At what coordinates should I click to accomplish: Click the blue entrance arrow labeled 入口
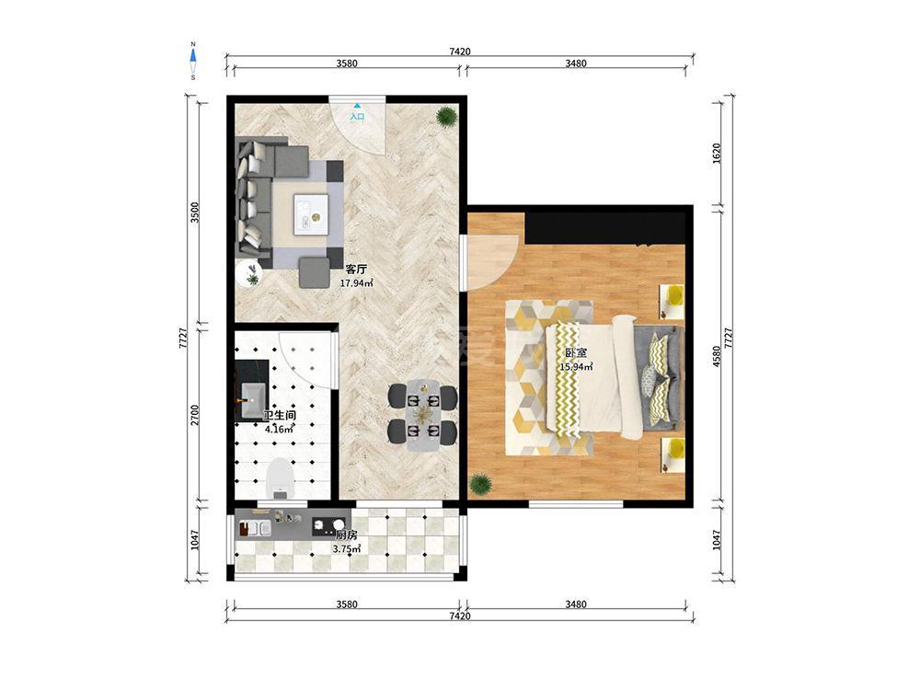357,106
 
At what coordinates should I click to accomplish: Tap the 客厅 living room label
356,270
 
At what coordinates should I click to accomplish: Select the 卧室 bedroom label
576,353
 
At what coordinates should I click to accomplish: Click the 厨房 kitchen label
346,535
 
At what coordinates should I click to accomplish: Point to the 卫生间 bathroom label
280,416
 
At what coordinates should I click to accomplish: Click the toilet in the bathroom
280,477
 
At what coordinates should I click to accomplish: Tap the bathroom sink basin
253,399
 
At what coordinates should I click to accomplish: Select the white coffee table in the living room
310,213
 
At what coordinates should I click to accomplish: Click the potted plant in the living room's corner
446,117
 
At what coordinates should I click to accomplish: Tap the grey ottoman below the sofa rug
315,272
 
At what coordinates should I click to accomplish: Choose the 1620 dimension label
717,153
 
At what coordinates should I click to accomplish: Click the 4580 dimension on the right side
717,356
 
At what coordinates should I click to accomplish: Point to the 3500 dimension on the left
195,212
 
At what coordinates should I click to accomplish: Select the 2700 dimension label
195,416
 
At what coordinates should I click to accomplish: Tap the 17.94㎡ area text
357,282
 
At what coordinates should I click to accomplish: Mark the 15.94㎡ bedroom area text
576,367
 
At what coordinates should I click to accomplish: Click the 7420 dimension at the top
460,52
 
